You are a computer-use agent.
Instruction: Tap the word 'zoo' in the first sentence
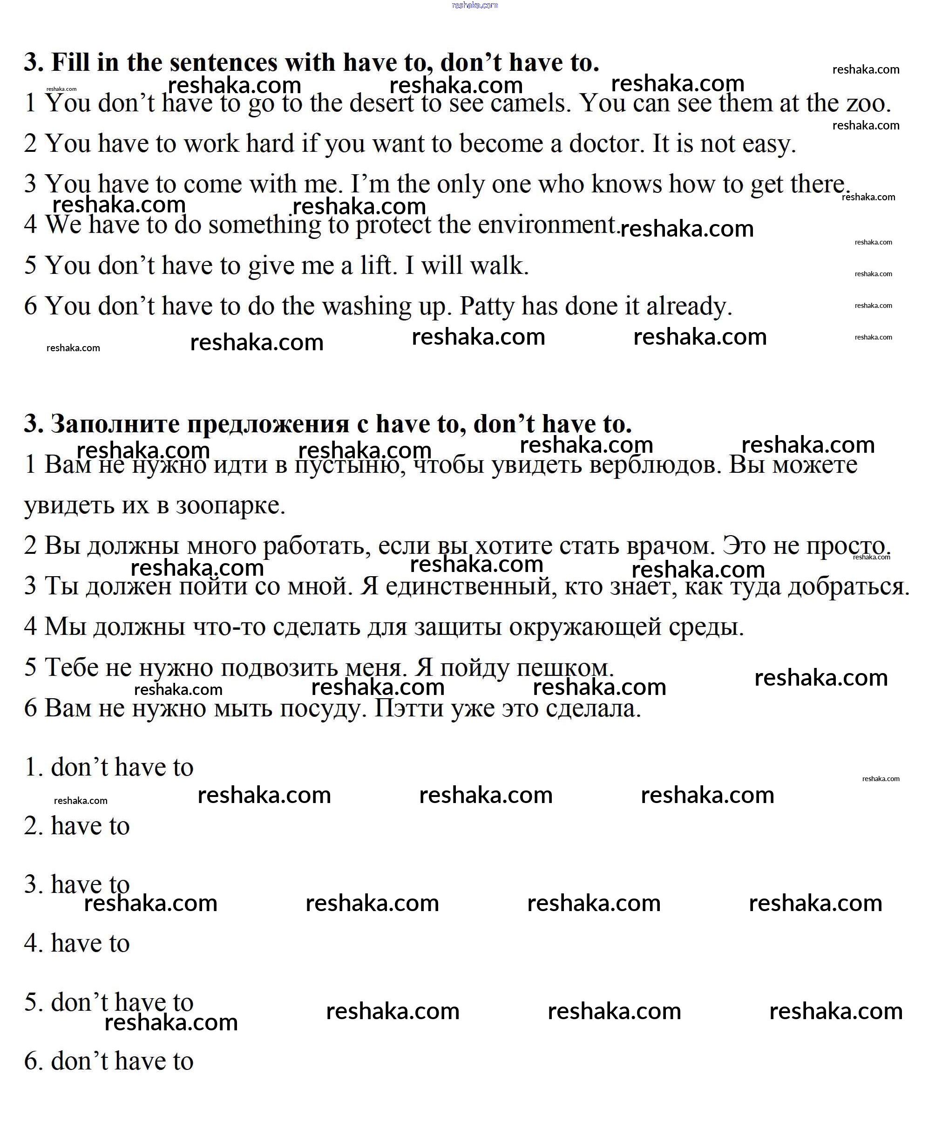(x=867, y=103)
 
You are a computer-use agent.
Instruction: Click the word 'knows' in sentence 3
(x=626, y=184)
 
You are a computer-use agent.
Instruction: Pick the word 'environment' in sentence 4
(x=547, y=225)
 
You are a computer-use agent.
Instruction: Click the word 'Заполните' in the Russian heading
(x=115, y=424)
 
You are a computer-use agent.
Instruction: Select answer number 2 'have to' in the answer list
(x=77, y=826)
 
